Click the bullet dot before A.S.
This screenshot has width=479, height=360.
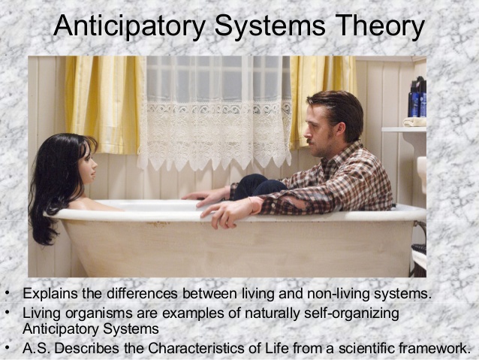(7, 348)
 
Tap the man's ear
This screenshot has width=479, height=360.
(339, 125)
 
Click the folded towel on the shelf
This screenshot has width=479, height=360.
(414, 121)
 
